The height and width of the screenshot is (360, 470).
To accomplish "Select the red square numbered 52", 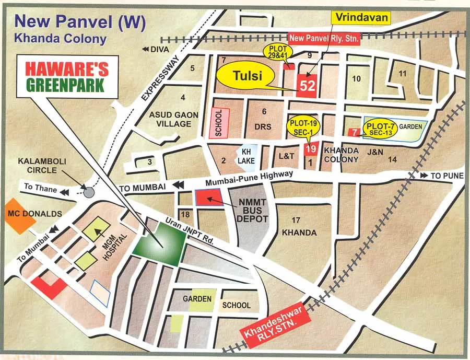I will click(x=307, y=84).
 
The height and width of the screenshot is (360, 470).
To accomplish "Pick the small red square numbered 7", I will click(x=355, y=132).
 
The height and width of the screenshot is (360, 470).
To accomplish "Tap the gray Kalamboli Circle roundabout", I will click(x=89, y=192).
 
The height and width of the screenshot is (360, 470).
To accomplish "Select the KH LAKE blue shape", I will click(x=246, y=158).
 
